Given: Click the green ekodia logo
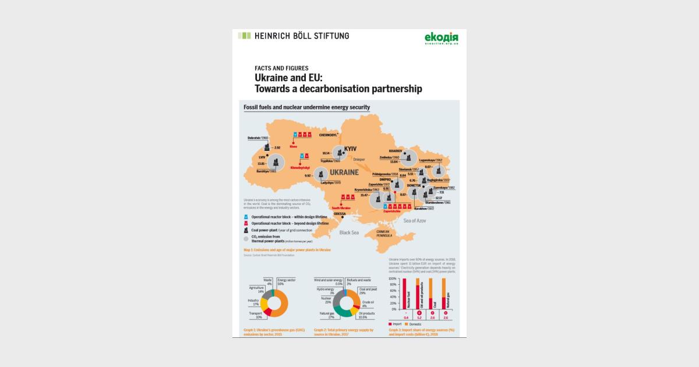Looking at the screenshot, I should pyautogui.click(x=442, y=38).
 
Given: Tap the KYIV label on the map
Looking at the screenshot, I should pyautogui.click(x=350, y=149).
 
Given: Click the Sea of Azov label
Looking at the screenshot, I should pyautogui.click(x=415, y=220).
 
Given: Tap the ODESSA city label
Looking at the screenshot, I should pyautogui.click(x=340, y=214).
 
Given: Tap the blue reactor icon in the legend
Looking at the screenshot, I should pyautogui.click(x=246, y=217).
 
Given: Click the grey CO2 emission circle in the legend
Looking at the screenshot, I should pyautogui.click(x=246, y=239).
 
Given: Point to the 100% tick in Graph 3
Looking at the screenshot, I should pyautogui.click(x=392, y=278).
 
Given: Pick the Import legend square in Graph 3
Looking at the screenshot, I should pyautogui.click(x=391, y=323).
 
